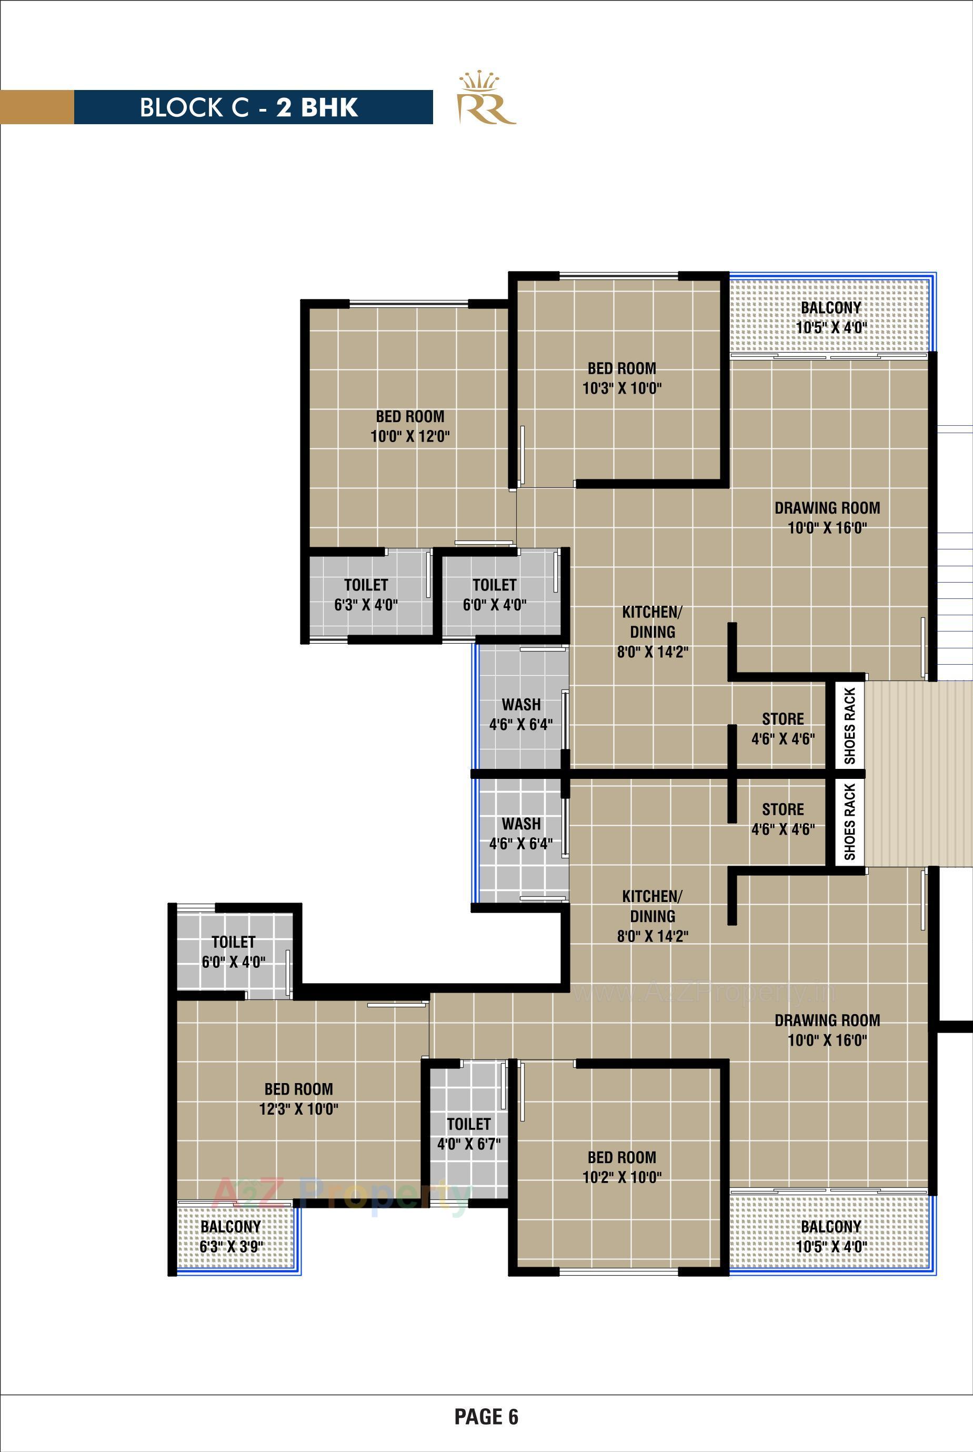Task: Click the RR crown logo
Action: [x=486, y=99]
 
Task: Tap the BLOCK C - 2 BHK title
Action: [x=249, y=107]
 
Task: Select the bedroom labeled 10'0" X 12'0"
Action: [x=409, y=426]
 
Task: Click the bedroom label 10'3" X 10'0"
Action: [x=622, y=378]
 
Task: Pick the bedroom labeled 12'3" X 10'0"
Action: [x=298, y=1099]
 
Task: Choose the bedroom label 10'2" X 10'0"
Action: [x=622, y=1167]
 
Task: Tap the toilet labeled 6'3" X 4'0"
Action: [x=366, y=595]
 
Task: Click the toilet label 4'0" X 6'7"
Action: [x=468, y=1134]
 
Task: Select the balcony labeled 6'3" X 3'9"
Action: [x=231, y=1237]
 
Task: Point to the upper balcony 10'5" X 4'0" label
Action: [x=831, y=317]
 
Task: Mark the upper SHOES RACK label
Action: [x=849, y=725]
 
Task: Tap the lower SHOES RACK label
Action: [x=849, y=822]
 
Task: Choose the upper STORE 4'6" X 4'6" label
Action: [x=783, y=728]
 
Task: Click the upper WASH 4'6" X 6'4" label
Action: [x=520, y=714]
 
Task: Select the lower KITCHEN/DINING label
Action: [x=652, y=916]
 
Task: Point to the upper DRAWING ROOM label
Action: [x=827, y=517]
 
